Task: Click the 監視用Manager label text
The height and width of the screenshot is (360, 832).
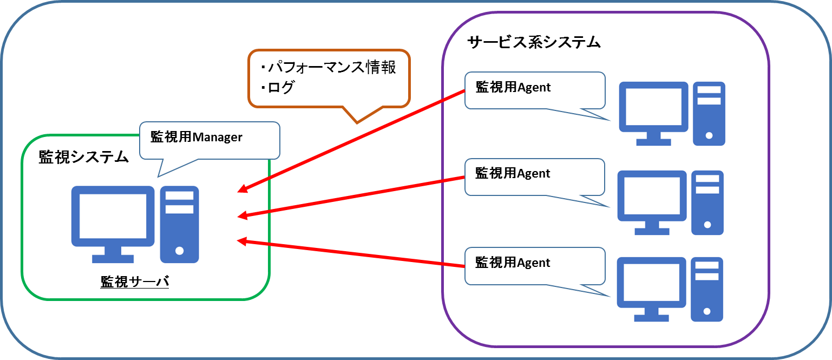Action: [196, 137]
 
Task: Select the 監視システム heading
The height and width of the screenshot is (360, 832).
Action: [83, 157]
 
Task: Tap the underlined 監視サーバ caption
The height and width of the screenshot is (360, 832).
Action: [135, 282]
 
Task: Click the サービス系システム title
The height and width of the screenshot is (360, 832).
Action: [534, 42]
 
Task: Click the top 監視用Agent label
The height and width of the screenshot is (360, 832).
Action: [513, 87]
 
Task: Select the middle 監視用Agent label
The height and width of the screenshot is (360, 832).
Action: [513, 173]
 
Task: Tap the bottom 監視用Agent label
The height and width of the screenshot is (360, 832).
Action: [513, 263]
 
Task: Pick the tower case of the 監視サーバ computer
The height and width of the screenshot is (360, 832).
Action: [179, 225]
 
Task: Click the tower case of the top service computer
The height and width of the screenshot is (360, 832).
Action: [709, 113]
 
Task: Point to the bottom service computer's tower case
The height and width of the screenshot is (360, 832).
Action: [707, 289]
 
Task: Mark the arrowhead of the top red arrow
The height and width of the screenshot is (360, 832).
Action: [241, 189]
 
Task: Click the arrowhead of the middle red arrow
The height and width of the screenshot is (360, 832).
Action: [241, 215]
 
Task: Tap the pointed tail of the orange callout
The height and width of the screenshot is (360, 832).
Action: [357, 122]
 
